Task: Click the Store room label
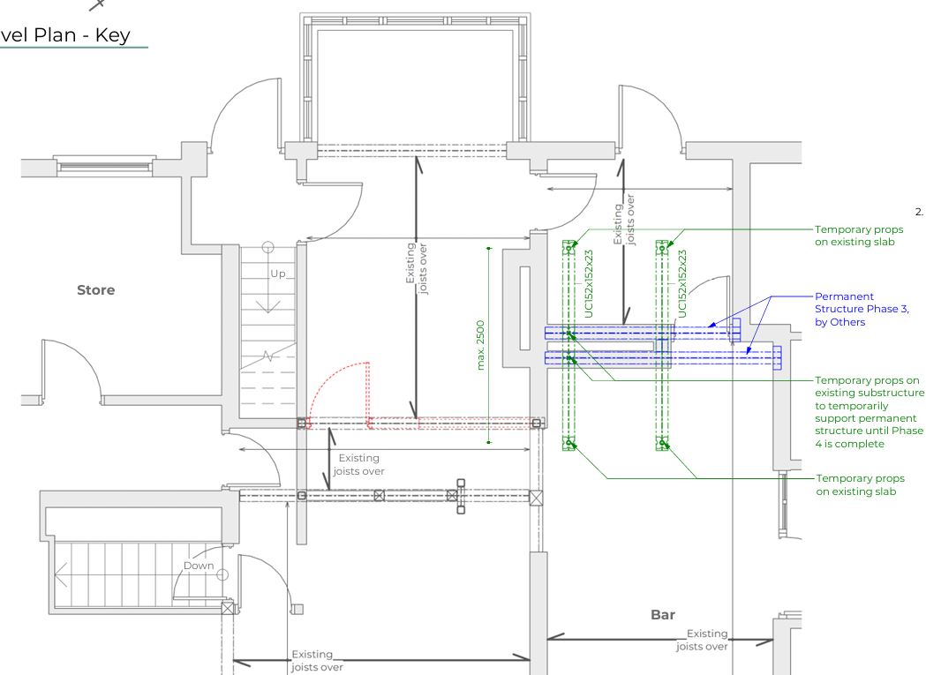(95, 289)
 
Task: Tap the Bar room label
(662, 614)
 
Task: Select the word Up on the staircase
(279, 274)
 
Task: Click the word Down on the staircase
(198, 565)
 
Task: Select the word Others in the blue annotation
(849, 322)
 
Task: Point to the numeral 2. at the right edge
(918, 212)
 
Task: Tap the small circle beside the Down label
(222, 574)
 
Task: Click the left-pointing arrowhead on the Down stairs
(59, 579)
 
